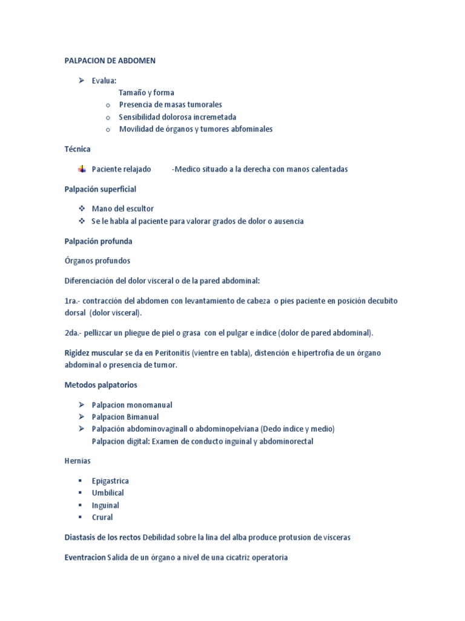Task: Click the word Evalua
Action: [x=104, y=81]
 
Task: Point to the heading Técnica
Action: [x=77, y=149]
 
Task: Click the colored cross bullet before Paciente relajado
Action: [x=82, y=169]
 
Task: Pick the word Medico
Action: [x=188, y=169]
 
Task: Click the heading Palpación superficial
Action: [x=101, y=189]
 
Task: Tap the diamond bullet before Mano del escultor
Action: [x=82, y=209]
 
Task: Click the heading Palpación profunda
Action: [x=98, y=241]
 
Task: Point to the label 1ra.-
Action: [x=73, y=301]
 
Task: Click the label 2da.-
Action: [x=73, y=333]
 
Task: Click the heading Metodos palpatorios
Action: [x=101, y=384]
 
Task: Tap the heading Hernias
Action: [x=77, y=461]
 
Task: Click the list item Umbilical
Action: [x=108, y=493]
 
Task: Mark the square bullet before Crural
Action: [x=80, y=517]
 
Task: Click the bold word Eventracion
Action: [x=85, y=557]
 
